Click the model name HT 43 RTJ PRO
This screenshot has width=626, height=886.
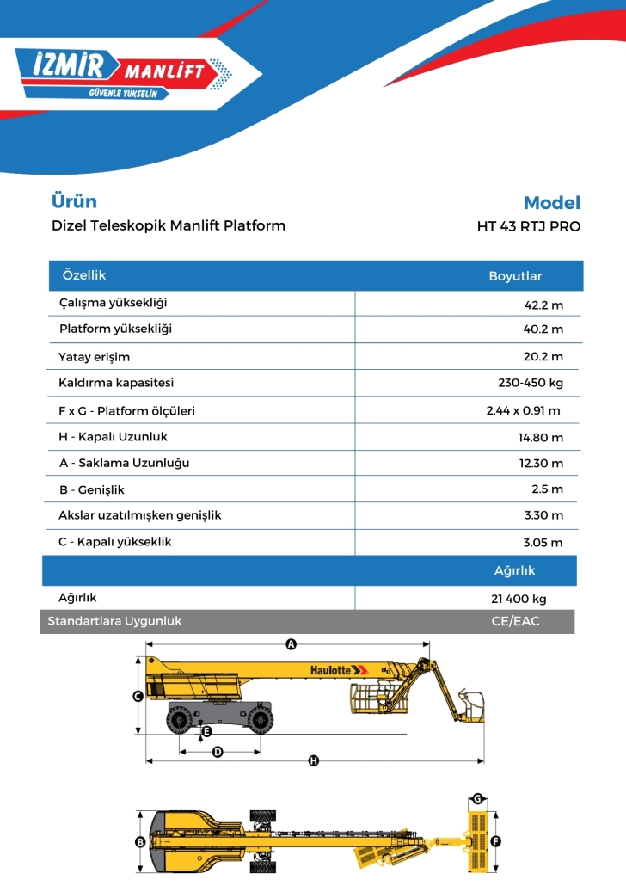coord(528,227)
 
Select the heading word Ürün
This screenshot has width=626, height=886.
coord(74,201)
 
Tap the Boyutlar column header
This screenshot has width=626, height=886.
coord(515,276)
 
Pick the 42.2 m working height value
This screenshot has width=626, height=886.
coord(543,305)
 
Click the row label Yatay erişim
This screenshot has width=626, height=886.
coord(94,356)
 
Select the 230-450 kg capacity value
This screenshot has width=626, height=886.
coord(531,383)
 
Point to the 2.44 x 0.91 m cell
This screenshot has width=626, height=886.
coord(523,410)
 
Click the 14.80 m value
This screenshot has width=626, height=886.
coord(541,437)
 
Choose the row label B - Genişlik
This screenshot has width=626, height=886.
coord(91,489)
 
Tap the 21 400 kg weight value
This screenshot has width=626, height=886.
coord(519,599)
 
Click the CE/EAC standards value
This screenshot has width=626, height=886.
coord(514,620)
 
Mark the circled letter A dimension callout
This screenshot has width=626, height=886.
coord(291,643)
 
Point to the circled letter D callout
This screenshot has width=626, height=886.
coord(218,752)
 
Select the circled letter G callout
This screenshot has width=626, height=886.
coord(477,798)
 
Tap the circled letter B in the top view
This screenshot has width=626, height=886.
coord(140,842)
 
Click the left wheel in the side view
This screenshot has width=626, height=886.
coord(181,718)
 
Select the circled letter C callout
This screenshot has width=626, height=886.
coord(138,697)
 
